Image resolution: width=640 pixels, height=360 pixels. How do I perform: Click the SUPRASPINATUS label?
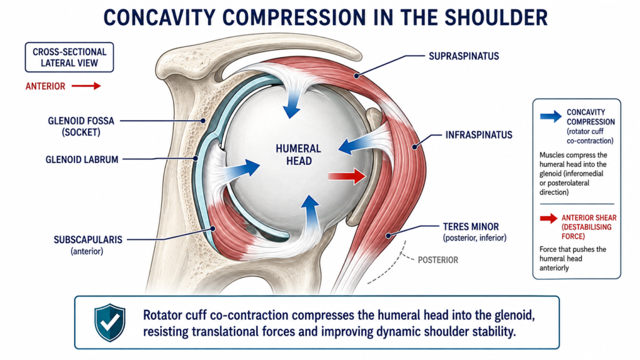[464, 56]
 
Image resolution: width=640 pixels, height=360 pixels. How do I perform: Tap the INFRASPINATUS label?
[479, 135]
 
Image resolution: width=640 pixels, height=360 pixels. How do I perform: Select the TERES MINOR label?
[471, 226]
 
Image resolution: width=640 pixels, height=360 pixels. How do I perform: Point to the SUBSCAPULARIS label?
[88, 239]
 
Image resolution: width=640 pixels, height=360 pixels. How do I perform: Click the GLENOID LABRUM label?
[82, 159]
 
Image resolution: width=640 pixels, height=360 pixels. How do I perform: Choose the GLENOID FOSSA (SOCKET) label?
[81, 126]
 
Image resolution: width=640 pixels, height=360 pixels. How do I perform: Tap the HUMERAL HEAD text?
[299, 155]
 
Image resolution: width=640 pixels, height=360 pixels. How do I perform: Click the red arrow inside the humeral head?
[347, 176]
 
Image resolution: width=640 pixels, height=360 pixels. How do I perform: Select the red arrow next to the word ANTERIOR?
[86, 86]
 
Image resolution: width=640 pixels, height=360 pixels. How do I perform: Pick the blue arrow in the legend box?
[551, 116]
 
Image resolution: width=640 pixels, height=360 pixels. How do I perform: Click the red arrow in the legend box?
[549, 218]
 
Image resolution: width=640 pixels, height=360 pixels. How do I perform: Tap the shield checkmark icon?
[110, 322]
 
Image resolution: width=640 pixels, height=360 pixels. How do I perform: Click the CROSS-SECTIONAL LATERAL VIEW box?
[69, 57]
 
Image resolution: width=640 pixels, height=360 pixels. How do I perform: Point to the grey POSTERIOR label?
[438, 260]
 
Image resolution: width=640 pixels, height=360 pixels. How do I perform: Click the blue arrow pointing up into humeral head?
[311, 212]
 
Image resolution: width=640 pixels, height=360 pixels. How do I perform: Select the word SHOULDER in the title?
[496, 17]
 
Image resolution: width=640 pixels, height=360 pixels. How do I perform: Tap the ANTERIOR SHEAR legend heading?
[589, 227]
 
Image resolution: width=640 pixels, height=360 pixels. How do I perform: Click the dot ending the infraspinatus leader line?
[415, 146]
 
